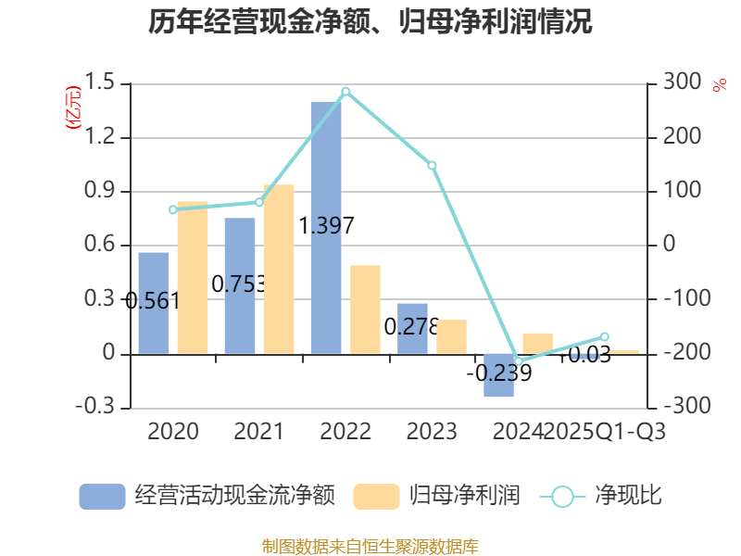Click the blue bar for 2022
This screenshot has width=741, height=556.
[x=326, y=228]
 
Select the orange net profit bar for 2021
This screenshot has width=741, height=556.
[x=279, y=269]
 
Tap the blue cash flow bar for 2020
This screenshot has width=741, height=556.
[x=154, y=303]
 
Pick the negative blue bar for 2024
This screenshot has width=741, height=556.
[x=498, y=375]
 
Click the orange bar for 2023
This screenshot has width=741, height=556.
[x=451, y=336]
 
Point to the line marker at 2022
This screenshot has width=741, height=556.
[x=345, y=91]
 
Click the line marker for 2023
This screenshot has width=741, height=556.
[x=432, y=165]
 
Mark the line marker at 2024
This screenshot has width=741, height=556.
[x=518, y=360]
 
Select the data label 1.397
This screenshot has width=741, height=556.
[x=327, y=225]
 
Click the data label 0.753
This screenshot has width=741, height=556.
[x=239, y=284]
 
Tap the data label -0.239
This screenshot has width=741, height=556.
[x=499, y=373]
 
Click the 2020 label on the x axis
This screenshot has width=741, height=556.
[x=173, y=432]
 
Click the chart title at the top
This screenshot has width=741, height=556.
[x=370, y=22]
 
